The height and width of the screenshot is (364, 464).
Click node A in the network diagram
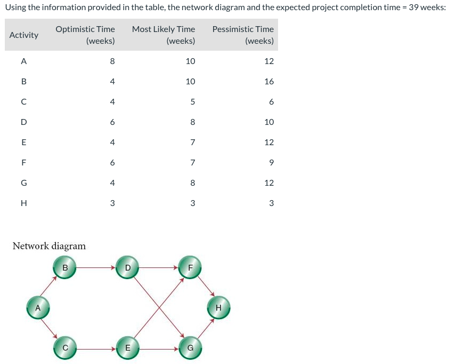pos(37,308)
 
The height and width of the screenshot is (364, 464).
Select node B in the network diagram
pos(65,267)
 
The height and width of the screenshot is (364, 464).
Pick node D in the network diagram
pos(127,267)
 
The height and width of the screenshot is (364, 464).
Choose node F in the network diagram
pos(190,267)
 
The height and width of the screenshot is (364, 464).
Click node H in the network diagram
pos(218,308)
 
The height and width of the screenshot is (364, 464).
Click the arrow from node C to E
pos(96,349)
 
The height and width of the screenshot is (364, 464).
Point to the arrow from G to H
pos(206,329)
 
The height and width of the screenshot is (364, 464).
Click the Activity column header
pos(24,35)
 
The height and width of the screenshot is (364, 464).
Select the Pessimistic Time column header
pos(243,35)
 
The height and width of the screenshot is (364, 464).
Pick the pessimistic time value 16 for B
pos(269,82)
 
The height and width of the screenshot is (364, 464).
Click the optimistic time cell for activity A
pos(112,61)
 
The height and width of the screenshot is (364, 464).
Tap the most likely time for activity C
pos(192,102)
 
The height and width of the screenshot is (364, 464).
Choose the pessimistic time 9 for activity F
pos(271,163)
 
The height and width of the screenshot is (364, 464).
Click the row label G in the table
pos(23,183)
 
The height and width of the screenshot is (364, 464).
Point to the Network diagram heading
pos(49,246)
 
